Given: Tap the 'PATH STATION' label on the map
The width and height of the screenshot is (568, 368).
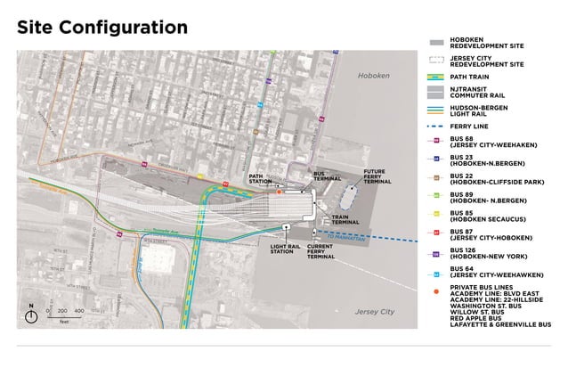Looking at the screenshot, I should click(260, 180).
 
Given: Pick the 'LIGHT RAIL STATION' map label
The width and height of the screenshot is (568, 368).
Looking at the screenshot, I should click(282, 249).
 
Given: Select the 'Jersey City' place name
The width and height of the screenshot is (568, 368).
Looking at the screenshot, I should click(375, 312).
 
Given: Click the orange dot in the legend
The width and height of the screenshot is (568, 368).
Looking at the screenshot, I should click(436, 291).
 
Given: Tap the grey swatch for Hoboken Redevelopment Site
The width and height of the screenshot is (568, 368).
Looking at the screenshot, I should click(436, 43).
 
